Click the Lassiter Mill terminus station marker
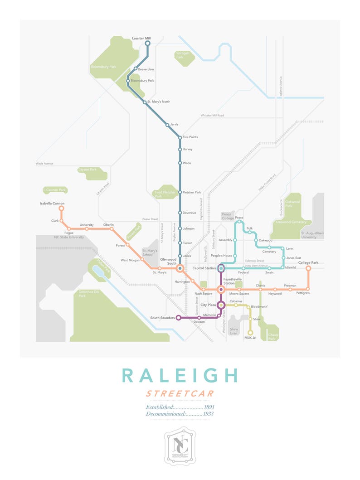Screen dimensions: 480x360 tap(147, 44)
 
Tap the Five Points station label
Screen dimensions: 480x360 tap(190, 137)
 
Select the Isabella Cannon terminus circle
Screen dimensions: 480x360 tap(61, 208)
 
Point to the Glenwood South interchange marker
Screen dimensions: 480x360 tap(180, 268)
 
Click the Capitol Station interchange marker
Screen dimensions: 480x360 tap(221, 268)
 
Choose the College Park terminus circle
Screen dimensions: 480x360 tap(308, 268)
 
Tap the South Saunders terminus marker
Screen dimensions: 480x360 tap(178, 318)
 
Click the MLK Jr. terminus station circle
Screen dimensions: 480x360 tap(250, 333)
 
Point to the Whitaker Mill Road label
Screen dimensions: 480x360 tap(212, 116)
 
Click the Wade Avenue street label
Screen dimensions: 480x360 tap(45, 163)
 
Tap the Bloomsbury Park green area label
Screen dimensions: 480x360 tap(103, 67)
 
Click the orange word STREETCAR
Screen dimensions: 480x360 tap(180, 393)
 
